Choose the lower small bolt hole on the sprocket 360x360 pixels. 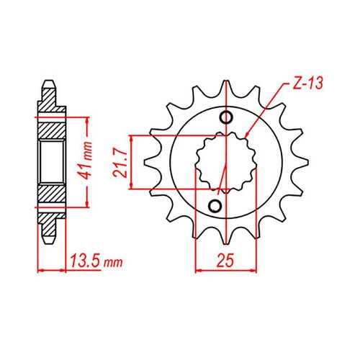point(214,207)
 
